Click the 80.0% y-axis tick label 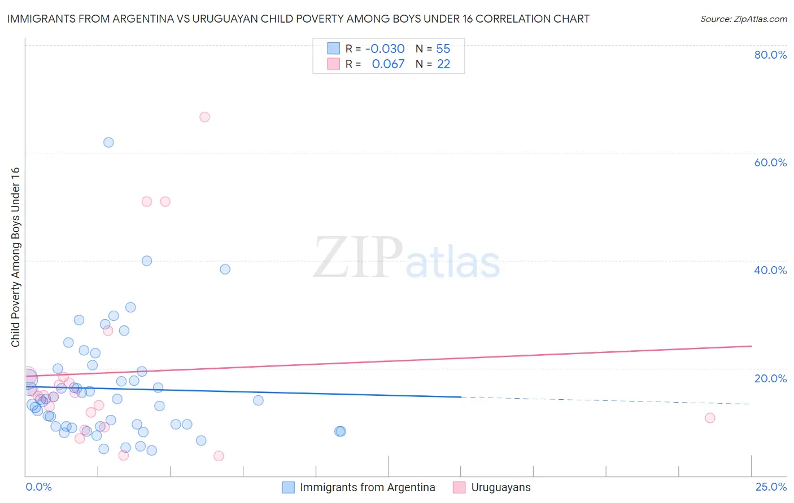point(770,55)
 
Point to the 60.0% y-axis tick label point(770,162)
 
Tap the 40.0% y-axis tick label point(770,270)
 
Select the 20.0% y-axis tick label point(770,378)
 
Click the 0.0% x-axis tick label point(38,487)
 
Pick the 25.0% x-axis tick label point(771,487)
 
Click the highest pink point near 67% point(204,117)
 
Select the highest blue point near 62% point(108,142)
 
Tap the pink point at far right point(710,418)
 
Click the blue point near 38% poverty point(225,269)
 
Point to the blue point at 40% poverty point(147,261)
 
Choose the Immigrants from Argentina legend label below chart point(367,487)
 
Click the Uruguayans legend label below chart point(501,487)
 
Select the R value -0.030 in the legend point(385,48)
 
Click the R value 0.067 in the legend point(388,64)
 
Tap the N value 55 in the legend point(443,48)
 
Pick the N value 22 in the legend point(443,64)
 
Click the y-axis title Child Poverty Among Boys point(15,257)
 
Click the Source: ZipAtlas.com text point(743,19)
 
